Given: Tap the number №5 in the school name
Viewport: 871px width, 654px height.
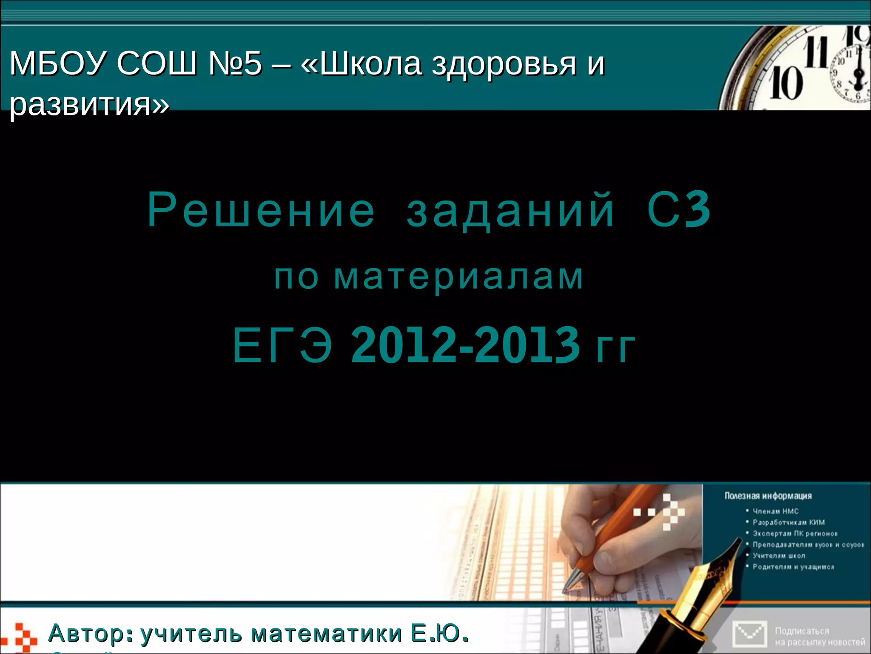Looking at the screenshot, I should (235, 64).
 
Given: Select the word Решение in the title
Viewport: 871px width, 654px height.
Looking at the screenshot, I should (261, 210).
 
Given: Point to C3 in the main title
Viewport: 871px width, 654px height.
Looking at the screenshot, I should (679, 210).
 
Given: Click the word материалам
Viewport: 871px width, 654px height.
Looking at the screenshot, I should (458, 277).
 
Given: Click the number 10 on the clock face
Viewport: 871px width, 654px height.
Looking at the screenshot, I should (786, 83).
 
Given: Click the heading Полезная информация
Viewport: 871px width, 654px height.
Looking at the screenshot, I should (768, 496).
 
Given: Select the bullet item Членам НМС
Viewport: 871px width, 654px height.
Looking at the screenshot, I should (775, 511).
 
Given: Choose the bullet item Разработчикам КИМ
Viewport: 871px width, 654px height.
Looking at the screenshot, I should (788, 522).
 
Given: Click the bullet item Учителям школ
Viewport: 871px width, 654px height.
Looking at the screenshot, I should (779, 556).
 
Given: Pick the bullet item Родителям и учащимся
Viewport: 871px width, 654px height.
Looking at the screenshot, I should (793, 567).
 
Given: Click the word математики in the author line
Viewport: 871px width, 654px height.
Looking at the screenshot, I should (327, 634).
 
